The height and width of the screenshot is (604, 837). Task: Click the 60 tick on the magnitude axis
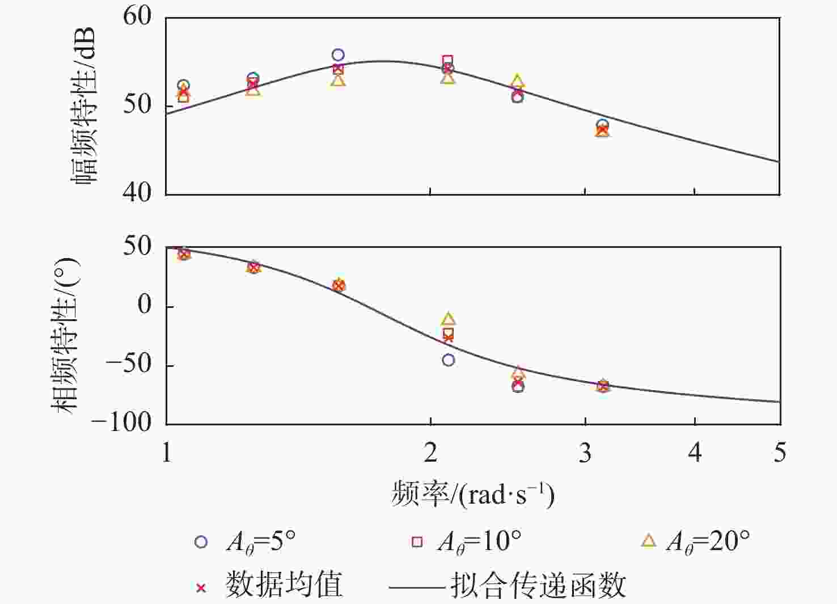137,16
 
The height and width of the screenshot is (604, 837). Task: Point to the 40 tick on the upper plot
137,193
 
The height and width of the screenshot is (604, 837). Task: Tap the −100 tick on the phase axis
121,422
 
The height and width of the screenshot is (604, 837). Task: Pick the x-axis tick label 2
430,453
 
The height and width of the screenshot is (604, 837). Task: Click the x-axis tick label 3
585,453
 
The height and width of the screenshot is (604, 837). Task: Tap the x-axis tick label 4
695,453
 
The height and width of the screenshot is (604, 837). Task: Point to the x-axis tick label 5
780,453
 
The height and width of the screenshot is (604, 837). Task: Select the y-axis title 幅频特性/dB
84,105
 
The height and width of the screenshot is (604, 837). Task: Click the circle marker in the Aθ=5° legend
201,542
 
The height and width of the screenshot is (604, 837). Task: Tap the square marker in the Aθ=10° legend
417,542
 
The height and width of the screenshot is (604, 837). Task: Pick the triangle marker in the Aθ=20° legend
649,541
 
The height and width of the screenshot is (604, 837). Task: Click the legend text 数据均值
284,584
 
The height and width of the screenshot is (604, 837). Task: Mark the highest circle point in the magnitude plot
338,55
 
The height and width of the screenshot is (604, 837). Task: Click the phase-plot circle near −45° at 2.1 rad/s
449,360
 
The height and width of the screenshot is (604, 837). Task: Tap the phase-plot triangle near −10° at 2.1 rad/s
449,319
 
